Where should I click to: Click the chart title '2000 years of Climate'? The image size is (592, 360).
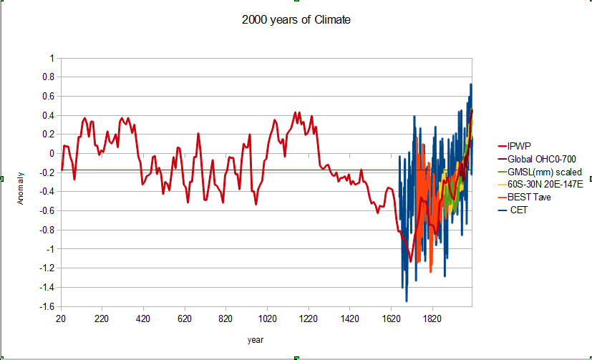pos(296,20)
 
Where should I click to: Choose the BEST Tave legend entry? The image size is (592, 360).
pos(529,198)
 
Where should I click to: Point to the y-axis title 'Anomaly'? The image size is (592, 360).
pos(21,187)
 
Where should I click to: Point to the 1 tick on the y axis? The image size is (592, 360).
pos(51,57)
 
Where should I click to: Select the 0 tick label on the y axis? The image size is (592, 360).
pos(51,153)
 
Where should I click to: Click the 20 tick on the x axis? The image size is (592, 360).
pos(61,318)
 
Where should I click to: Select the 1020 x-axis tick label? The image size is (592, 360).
pos(267,318)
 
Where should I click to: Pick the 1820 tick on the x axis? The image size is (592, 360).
pos(432,318)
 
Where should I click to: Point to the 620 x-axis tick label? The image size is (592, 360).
pos(185,318)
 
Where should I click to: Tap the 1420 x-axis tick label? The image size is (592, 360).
pos(349,318)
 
